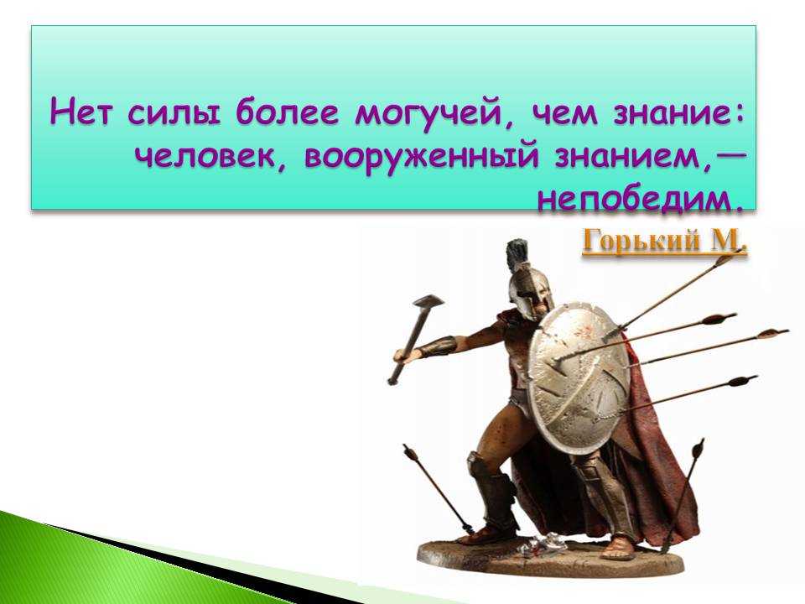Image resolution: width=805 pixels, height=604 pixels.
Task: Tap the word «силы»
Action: pyautogui.click(x=174, y=112)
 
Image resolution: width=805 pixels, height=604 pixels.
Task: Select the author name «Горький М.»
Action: pyautogui.click(x=664, y=241)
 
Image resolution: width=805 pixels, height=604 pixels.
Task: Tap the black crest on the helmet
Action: pyautogui.click(x=517, y=255)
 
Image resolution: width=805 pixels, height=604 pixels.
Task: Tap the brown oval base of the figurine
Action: pyautogui.click(x=550, y=557)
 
